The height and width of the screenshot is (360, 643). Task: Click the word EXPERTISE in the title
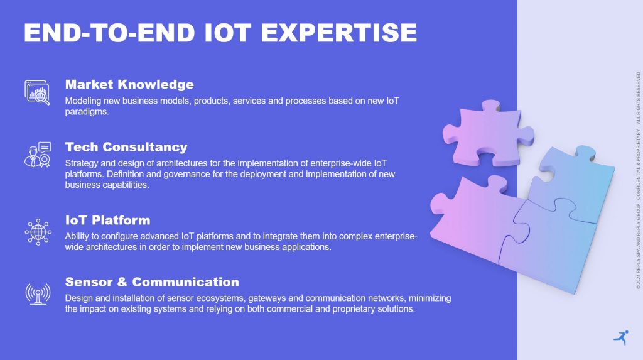(x=338, y=33)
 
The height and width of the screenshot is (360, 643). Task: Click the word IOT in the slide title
(x=227, y=33)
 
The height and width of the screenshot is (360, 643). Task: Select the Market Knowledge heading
(x=129, y=84)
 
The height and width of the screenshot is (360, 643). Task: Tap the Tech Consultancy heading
(x=126, y=146)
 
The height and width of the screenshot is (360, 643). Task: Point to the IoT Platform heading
(x=108, y=220)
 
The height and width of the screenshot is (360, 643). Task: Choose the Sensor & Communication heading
(x=152, y=282)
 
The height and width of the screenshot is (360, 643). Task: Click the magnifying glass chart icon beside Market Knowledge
(x=37, y=92)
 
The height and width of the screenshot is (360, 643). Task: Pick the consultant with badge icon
(x=38, y=155)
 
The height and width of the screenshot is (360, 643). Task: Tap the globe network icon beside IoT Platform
(x=38, y=232)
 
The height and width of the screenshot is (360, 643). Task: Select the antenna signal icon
(x=38, y=294)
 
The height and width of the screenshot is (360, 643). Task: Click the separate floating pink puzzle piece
(x=488, y=133)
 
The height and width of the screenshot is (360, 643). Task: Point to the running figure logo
(x=621, y=337)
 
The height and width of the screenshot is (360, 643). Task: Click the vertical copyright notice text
(x=638, y=180)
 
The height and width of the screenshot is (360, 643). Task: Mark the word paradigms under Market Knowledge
(x=87, y=112)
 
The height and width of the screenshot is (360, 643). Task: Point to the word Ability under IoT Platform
(x=76, y=236)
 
